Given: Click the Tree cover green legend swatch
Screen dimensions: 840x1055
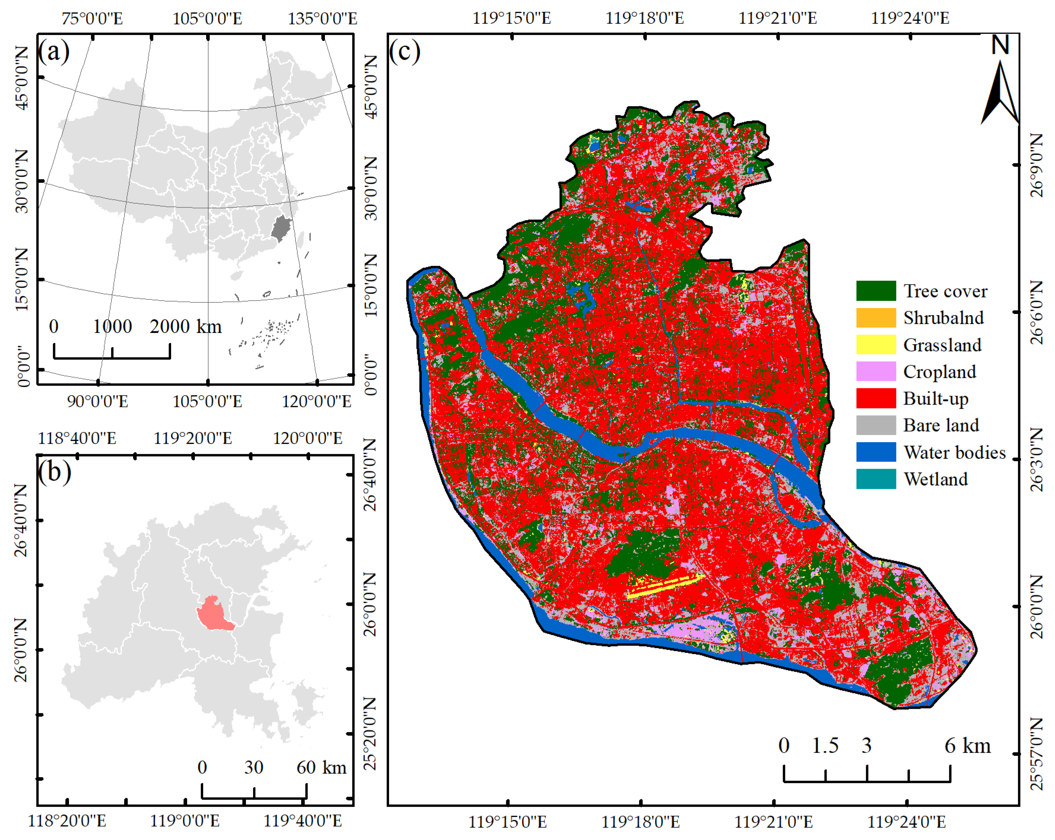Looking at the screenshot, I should click(875, 291).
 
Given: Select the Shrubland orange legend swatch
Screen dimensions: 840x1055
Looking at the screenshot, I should click(875, 318).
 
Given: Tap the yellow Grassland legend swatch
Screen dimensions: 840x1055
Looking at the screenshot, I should click(875, 345).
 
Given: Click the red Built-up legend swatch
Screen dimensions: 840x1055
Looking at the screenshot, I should click(875, 399).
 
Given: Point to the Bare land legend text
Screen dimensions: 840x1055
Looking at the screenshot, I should click(940, 425).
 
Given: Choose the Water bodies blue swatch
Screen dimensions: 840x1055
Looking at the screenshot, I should click(875, 452).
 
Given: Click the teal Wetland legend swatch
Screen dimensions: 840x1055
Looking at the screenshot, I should click(875, 479).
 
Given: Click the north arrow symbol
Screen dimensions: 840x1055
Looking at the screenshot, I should click(1000, 88).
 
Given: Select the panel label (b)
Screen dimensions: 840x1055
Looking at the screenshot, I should click(54, 472).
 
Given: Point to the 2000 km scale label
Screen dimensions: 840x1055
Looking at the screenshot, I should click(185, 327).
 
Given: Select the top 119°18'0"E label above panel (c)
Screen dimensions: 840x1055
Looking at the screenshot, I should click(645, 18).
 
